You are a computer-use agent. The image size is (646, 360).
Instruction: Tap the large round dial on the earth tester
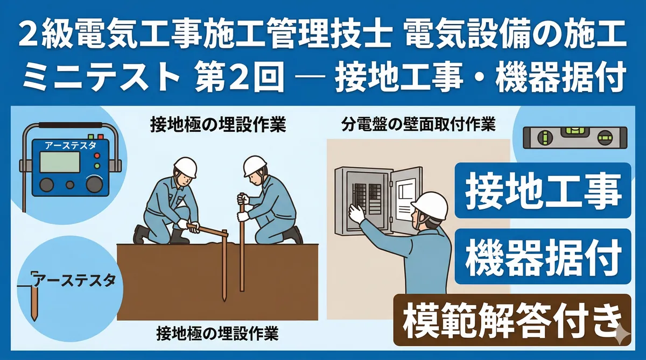coord(94,184)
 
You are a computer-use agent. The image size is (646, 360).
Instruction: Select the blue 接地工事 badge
coord(543,190)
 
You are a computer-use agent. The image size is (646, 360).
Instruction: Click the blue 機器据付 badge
coord(543,256)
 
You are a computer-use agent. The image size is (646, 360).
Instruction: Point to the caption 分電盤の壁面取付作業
coord(418,125)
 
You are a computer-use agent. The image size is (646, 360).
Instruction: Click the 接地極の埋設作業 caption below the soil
coord(217,334)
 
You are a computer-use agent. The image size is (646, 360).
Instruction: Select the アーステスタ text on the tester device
coord(71,146)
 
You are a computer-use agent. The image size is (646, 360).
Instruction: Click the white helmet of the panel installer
coord(430,205)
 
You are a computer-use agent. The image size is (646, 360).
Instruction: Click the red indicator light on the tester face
coord(97,156)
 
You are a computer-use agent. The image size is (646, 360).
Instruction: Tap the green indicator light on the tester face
coord(97,166)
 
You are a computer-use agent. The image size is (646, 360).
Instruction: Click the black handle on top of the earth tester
coord(71,125)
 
